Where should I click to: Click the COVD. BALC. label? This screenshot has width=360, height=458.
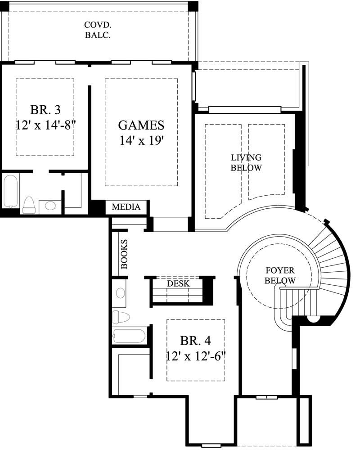pos(98,30)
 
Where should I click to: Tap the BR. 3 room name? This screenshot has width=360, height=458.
pos(45,110)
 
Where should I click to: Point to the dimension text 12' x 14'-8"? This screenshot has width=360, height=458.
pos(45,125)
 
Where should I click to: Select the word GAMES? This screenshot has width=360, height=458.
pos(141,125)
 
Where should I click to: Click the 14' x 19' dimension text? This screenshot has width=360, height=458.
pos(141,141)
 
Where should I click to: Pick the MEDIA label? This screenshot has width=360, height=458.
pos(126,207)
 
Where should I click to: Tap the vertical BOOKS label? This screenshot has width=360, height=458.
pos(124,254)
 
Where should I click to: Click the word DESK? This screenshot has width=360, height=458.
pos(178,284)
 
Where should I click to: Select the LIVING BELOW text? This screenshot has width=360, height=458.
pos(246,162)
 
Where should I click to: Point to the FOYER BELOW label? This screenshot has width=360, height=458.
pos(280,275)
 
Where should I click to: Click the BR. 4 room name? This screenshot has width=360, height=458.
pos(196,340)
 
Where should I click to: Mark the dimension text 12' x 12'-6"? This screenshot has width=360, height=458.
pos(196,356)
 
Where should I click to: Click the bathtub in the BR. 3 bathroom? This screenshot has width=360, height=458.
pos(10,191)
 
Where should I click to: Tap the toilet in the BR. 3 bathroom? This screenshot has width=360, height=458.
pos(29,205)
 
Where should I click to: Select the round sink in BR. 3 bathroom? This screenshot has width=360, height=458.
pos(51,206)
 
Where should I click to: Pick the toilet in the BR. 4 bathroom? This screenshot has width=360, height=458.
pos(121,317)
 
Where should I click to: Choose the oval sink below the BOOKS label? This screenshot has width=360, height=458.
pos(120,293)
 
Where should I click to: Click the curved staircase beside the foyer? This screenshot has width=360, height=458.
pos(331,265)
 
